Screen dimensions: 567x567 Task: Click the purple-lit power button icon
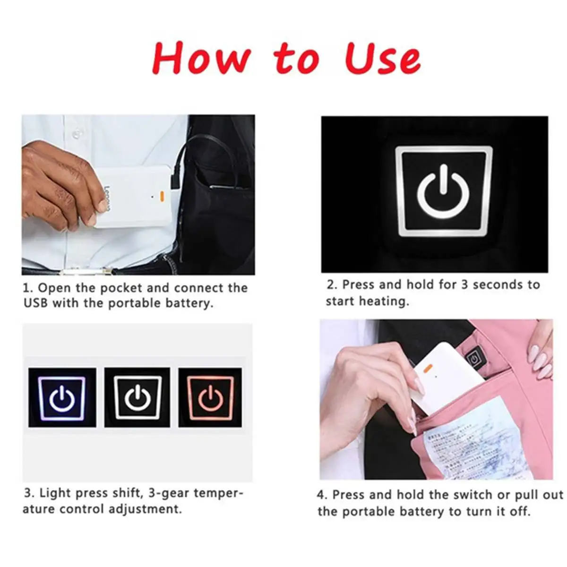[x=62, y=398]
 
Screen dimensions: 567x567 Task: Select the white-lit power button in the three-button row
[x=137, y=398]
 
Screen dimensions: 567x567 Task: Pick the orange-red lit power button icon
[x=211, y=398]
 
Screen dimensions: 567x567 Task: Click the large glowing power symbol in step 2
[x=443, y=191]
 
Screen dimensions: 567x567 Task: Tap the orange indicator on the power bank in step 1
[x=162, y=195]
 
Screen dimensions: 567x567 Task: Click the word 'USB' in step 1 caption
[x=36, y=303]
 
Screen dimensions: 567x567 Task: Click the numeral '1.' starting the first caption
[x=28, y=288]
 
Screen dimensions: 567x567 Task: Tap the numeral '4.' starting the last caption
[x=322, y=495]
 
